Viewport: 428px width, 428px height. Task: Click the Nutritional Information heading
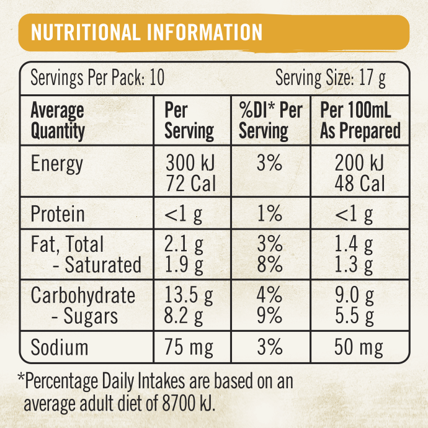pos(146,32)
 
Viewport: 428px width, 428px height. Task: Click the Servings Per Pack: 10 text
pos(97,79)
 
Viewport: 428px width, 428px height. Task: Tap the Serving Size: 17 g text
pos(331,79)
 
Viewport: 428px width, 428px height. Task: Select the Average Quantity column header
pos(58,121)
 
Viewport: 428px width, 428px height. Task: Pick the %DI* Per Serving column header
pos(270,121)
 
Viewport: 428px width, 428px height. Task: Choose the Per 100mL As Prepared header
pos(360,121)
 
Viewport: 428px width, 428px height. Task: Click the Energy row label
pos(56,164)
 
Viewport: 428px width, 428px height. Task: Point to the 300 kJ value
pos(189,164)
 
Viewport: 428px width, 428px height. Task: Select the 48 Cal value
pos(360,184)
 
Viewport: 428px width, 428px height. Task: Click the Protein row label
pos(58,215)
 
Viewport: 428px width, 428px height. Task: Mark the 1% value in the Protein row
pos(270,215)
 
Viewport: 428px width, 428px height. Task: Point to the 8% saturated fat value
pos(270,265)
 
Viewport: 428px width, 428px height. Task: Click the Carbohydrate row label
pos(82,295)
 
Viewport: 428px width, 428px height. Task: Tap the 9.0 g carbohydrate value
pos(354,296)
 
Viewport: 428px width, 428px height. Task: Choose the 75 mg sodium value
pos(189,347)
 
